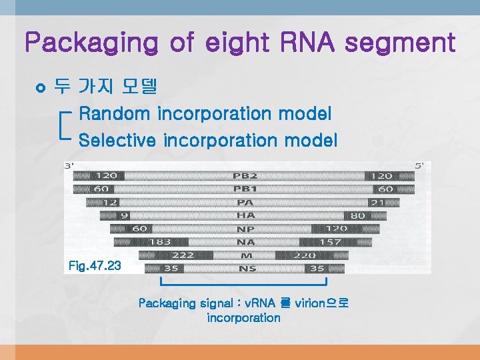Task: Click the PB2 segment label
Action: point(244,176)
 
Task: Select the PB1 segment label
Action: point(244,189)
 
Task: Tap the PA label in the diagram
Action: point(245,203)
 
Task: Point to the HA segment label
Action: point(245,215)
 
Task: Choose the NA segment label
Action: point(245,242)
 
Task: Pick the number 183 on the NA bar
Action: point(159,242)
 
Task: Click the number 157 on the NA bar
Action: point(330,242)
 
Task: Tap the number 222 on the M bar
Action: point(182,255)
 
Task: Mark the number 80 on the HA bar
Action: point(357,215)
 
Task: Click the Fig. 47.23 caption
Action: point(95,266)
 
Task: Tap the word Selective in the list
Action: point(117,141)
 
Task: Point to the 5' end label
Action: point(419,165)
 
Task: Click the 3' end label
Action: point(69,165)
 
